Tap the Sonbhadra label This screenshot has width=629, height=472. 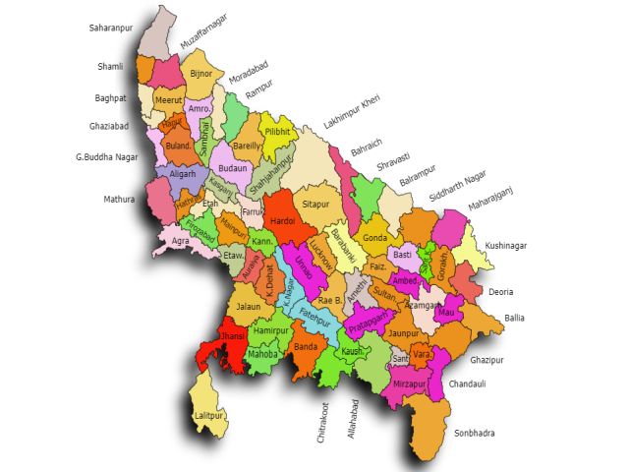(475, 433)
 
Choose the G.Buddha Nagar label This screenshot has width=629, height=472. (107, 155)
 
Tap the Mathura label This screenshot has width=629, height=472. (119, 200)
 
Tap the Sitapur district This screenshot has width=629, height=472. (314, 205)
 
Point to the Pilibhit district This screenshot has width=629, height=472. (278, 130)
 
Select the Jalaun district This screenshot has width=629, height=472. (249, 307)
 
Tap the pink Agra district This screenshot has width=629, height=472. (181, 240)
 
